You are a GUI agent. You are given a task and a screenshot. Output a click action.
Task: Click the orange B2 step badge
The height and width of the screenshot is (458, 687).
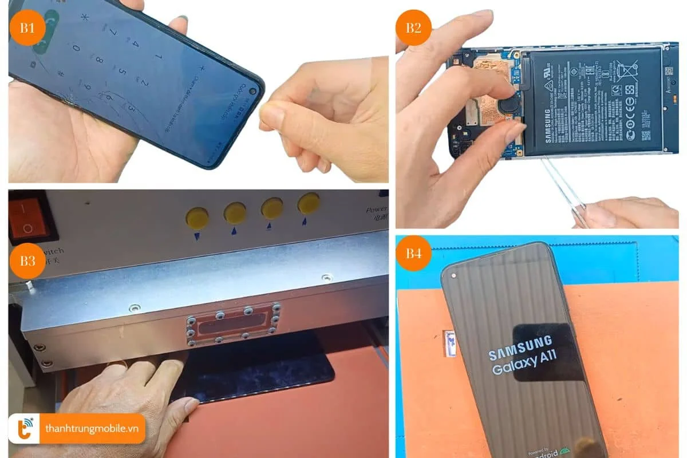coord(413,27)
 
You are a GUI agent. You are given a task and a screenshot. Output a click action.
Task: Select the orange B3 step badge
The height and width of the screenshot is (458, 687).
coord(27,261)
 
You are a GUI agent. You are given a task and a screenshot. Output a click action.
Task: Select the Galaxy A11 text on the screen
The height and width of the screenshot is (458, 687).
coord(524,364)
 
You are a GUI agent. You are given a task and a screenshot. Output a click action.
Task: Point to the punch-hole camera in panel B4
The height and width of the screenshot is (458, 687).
coord(454,275)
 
